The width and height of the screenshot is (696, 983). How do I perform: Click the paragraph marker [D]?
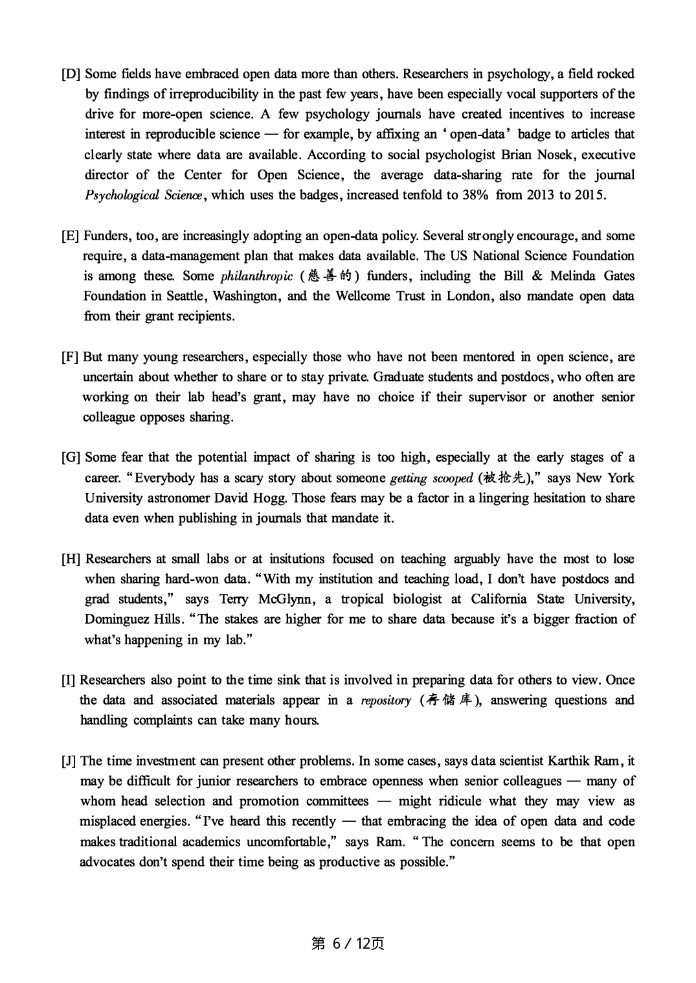point(71,74)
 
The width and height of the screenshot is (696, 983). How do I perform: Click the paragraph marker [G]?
point(71,458)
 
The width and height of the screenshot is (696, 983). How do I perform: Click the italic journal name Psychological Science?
point(143,196)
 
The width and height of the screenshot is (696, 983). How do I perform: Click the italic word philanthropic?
point(256,277)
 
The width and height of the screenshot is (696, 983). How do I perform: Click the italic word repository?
point(386,701)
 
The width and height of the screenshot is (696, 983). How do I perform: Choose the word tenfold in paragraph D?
point(419,196)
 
